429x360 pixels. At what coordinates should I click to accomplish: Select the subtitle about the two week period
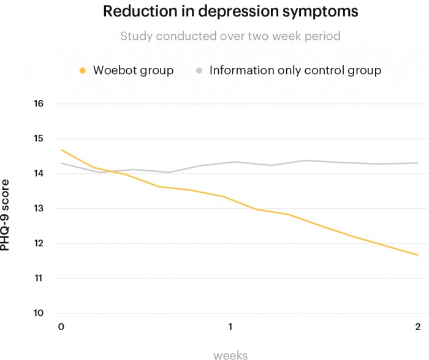click(x=230, y=36)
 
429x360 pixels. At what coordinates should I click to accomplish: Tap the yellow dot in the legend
click(x=82, y=70)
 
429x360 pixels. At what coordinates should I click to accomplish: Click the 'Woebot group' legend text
click(x=133, y=70)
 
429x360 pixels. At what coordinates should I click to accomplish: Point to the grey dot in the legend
click(x=199, y=70)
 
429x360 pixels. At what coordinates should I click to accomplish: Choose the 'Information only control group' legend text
click(x=295, y=70)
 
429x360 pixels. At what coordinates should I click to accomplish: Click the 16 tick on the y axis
click(x=39, y=103)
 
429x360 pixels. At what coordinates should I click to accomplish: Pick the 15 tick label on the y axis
click(x=39, y=138)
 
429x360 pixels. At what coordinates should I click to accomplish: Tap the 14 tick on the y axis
click(x=39, y=173)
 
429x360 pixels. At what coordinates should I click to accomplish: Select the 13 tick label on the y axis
click(x=39, y=208)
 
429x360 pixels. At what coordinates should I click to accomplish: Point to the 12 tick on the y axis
click(x=39, y=243)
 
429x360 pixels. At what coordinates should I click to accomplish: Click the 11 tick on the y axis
click(x=39, y=278)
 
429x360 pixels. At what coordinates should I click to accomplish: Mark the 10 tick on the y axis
click(x=39, y=313)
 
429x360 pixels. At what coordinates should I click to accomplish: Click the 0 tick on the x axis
click(x=61, y=326)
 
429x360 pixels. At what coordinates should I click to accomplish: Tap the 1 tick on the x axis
click(x=230, y=326)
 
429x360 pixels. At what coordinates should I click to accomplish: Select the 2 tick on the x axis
click(x=417, y=326)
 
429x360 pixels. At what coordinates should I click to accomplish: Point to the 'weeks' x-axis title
click(x=230, y=354)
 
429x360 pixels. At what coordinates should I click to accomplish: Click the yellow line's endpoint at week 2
click(x=418, y=255)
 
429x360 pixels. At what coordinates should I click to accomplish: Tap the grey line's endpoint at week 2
click(x=418, y=163)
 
